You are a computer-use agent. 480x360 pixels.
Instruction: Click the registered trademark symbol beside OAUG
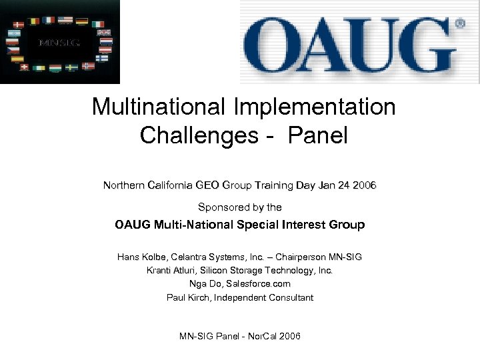tap(460, 23)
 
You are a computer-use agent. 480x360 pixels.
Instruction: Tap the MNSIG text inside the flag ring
tap(59, 43)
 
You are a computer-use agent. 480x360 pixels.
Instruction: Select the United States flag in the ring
tap(65, 19)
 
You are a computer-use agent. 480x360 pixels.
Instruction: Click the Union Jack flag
tap(104, 32)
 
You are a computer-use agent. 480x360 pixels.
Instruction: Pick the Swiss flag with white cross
tap(24, 67)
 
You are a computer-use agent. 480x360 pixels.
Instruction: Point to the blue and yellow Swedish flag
tap(71, 67)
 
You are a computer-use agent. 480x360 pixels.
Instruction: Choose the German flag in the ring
tap(82, 21)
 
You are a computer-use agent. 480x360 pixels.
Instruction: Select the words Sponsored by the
tap(240, 207)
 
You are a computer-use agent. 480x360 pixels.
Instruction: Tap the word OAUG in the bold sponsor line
tap(133, 225)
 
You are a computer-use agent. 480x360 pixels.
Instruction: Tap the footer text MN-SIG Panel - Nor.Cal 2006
tap(240, 336)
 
